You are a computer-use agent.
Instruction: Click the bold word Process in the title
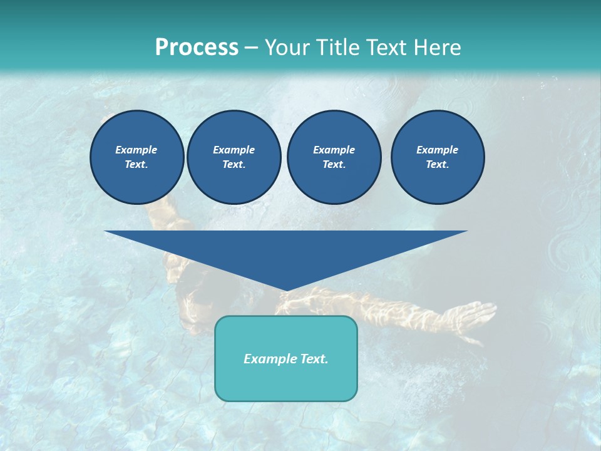pos(197,48)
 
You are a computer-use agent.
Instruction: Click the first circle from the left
pos(136,157)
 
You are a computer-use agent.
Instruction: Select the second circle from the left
pos(234,157)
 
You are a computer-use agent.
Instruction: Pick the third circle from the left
pos(334,157)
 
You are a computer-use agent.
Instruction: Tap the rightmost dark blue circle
pos(437,157)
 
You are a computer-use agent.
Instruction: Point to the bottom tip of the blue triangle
pos(286,290)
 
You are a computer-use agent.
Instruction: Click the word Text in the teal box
pos(312,359)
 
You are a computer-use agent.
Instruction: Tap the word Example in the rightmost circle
pos(437,150)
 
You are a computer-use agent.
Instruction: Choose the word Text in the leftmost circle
pos(136,165)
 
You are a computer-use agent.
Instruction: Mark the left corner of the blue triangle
pos(106,232)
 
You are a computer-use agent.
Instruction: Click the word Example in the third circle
pos(334,150)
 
